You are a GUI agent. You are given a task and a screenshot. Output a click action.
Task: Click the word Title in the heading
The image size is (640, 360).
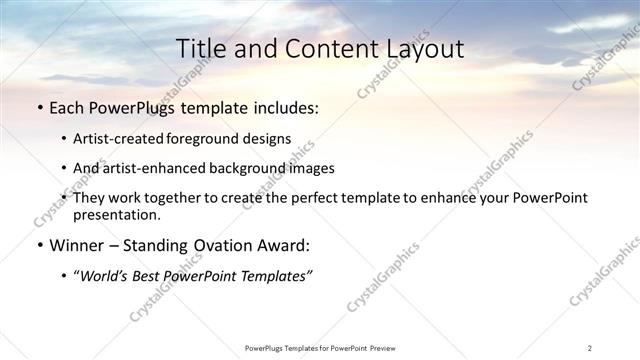[200, 49]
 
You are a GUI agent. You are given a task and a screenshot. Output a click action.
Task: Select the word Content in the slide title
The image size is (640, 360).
[320, 49]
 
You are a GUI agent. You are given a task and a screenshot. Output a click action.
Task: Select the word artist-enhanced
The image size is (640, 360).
[153, 168]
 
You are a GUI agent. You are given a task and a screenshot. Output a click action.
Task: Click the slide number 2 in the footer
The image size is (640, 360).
[589, 348]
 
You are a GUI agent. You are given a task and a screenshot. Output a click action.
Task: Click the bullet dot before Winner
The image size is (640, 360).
[39, 245]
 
